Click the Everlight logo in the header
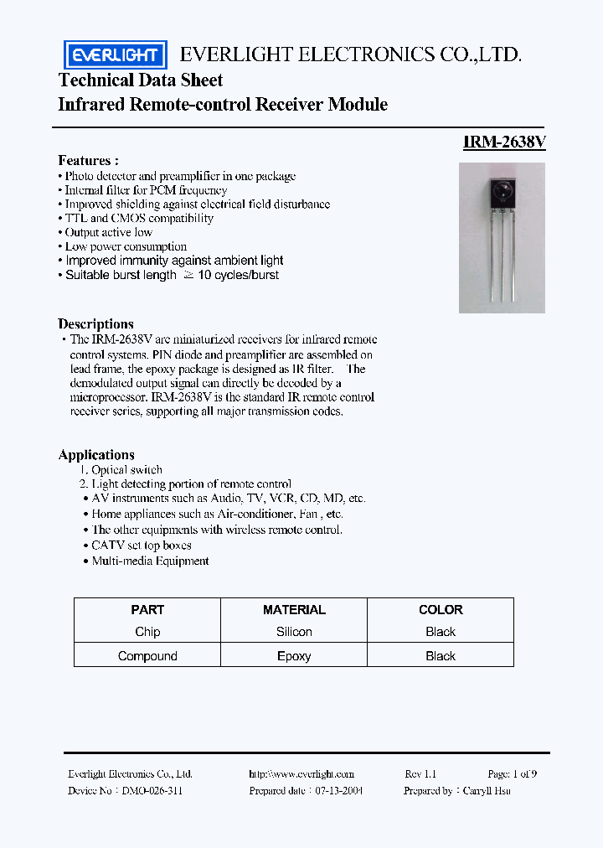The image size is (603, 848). (x=116, y=55)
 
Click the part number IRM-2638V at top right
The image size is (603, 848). (x=504, y=142)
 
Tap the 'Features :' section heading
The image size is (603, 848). (x=88, y=160)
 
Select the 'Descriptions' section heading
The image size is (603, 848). (x=95, y=323)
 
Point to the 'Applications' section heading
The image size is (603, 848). (x=96, y=454)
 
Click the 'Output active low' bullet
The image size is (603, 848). (x=108, y=232)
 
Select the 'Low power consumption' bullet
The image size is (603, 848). (x=126, y=246)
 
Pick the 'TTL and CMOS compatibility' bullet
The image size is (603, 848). (x=139, y=218)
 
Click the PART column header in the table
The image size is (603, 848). (x=147, y=610)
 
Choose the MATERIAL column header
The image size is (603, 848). (x=294, y=610)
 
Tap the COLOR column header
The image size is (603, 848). (x=441, y=610)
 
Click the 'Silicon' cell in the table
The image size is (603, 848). (x=294, y=632)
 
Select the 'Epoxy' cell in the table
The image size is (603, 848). (x=294, y=656)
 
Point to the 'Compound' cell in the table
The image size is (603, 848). (x=147, y=656)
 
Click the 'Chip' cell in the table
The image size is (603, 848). (x=147, y=632)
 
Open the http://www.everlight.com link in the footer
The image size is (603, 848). (x=301, y=774)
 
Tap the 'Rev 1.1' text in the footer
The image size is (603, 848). (x=420, y=774)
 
